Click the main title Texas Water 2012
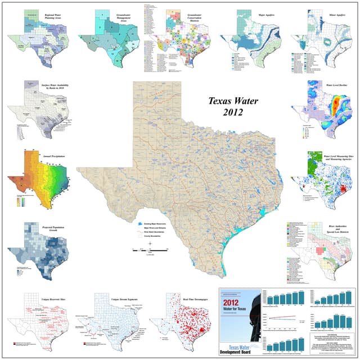(x=224, y=106)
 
